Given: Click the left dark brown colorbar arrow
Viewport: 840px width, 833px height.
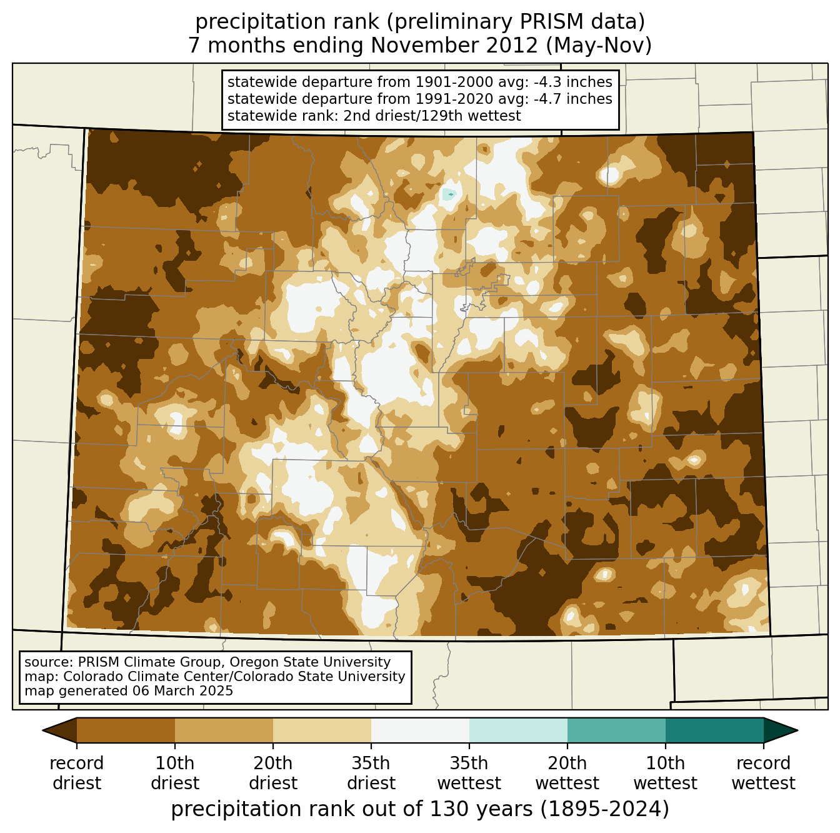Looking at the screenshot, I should pos(60,730).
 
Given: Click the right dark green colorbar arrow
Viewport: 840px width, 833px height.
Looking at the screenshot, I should pos(780,730).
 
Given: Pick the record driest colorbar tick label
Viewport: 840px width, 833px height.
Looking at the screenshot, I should pos(77,773).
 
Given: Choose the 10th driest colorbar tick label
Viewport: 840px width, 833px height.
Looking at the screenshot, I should pos(175,773).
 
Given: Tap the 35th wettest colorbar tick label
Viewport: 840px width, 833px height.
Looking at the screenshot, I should pos(469,773).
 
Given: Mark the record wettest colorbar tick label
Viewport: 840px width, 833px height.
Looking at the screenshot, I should pos(763,773).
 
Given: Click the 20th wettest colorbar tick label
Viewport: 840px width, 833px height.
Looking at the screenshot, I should pos(567,773).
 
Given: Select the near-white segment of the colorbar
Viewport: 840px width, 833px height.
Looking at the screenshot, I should pos(420,730).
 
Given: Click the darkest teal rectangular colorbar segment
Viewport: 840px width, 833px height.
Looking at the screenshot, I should pos(714,730).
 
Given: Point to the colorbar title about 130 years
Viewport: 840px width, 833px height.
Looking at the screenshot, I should pos(420,809).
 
